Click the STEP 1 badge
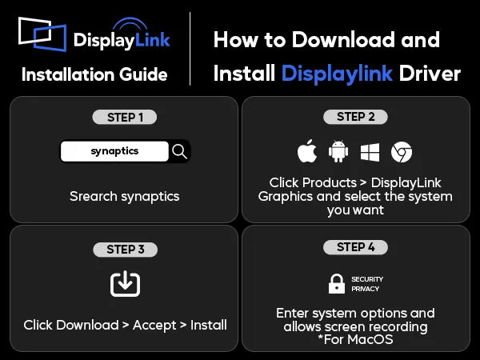pyautogui.click(x=125, y=118)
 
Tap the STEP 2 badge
pyautogui.click(x=355, y=117)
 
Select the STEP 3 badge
pyautogui.click(x=126, y=250)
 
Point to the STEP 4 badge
pyautogui.click(x=355, y=247)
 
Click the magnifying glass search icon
pyautogui.click(x=179, y=151)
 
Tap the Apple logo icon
pyautogui.click(x=307, y=151)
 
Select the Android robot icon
pyautogui.click(x=338, y=151)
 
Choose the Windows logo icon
pyautogui.click(x=370, y=152)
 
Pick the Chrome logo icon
pyautogui.click(x=402, y=152)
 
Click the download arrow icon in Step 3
pyautogui.click(x=126, y=284)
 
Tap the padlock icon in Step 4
pyautogui.click(x=337, y=284)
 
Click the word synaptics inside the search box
pyautogui.click(x=114, y=151)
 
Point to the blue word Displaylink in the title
pyautogui.click(x=337, y=74)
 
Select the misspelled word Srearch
pyautogui.click(x=93, y=196)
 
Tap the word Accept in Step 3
pyautogui.click(x=154, y=326)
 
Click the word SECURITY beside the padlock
pyautogui.click(x=367, y=279)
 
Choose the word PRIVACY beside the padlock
pyautogui.click(x=366, y=289)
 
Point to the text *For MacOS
pyautogui.click(x=355, y=339)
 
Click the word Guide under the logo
pyautogui.click(x=143, y=74)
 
